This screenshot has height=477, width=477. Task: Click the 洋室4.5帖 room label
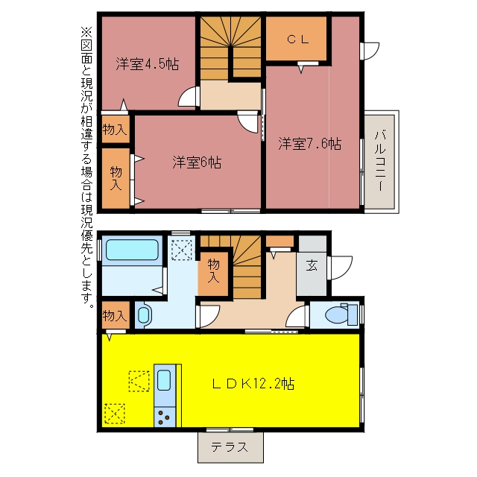[x=148, y=64]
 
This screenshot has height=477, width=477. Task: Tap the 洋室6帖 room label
[x=197, y=162]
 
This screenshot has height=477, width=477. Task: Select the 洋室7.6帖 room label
[x=310, y=143]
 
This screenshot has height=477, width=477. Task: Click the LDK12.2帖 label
[x=253, y=384]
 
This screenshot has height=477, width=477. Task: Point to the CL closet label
[x=298, y=40]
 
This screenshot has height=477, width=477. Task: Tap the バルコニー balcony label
[x=381, y=161]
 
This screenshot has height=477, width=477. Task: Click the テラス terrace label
[x=230, y=447]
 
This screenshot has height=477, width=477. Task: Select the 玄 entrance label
[x=312, y=265]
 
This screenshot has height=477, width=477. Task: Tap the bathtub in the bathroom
[x=132, y=250]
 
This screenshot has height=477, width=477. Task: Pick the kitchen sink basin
[x=164, y=379]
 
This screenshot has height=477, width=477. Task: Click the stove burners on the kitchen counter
[x=164, y=417]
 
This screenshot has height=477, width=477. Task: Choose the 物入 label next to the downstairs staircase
[x=213, y=271]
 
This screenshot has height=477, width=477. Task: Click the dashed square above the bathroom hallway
[x=182, y=250]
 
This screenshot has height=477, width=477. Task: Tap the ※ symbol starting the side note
[x=86, y=31]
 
